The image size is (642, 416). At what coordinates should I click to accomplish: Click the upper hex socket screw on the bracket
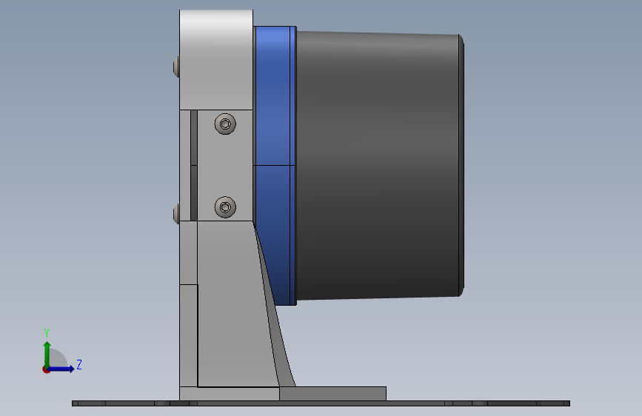tap(226, 124)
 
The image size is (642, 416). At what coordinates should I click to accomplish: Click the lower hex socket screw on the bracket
tap(225, 207)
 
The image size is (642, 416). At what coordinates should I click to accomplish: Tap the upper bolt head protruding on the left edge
tap(175, 67)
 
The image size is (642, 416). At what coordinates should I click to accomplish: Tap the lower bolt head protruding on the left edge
tap(175, 215)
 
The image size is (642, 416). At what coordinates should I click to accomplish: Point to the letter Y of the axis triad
tap(47, 332)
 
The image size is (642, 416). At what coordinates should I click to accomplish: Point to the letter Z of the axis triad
tap(79, 365)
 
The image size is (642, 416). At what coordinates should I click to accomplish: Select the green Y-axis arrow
tap(47, 351)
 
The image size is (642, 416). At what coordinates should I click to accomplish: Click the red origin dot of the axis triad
tap(46, 369)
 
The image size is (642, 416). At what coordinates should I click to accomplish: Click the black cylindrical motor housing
tap(378, 163)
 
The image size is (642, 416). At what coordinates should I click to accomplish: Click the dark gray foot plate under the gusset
tap(333, 394)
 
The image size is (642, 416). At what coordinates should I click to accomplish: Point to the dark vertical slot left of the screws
tap(194, 167)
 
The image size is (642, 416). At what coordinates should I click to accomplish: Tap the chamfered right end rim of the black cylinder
tap(462, 163)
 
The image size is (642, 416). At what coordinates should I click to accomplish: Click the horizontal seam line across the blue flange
tap(275, 164)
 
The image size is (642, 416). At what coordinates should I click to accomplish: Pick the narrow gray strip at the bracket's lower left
tap(188, 333)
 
